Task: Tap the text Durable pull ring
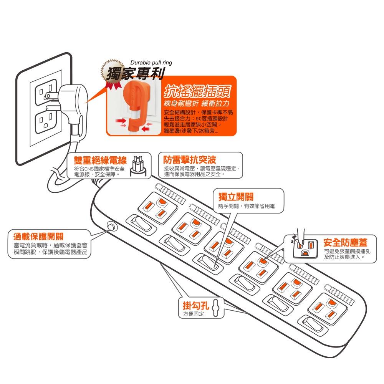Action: [151, 63]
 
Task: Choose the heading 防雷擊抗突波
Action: [190, 159]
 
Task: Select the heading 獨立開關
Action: [235, 197]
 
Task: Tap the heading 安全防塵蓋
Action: [344, 243]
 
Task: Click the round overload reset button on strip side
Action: [112, 227]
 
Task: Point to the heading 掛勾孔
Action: [195, 306]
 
